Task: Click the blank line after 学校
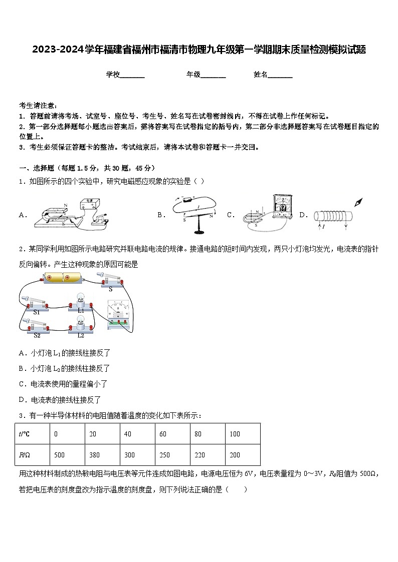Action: tap(132, 75)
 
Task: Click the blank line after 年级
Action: tap(213, 75)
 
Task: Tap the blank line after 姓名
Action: tap(280, 75)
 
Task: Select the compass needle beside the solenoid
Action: tap(358, 203)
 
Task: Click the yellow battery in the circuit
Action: tap(65, 278)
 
